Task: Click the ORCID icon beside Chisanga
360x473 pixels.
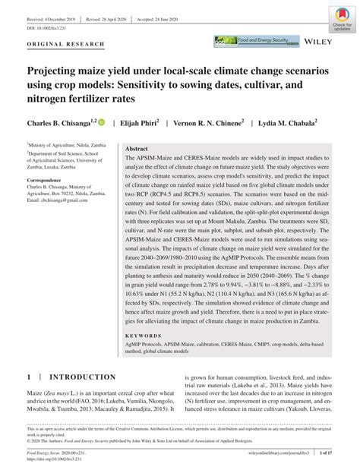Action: point(99,121)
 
